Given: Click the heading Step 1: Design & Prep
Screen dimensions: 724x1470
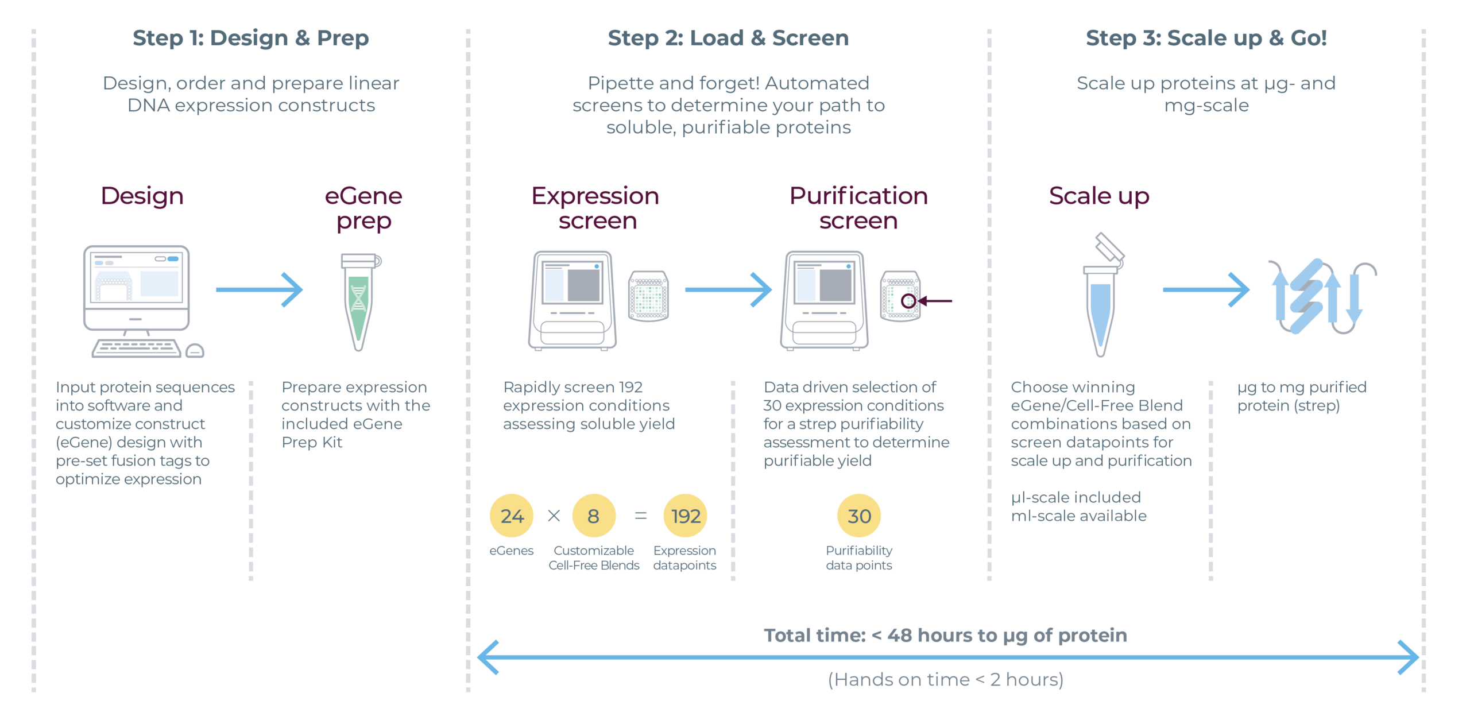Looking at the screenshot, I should coord(250,38).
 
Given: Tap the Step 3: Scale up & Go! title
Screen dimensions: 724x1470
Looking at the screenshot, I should coord(1206,38).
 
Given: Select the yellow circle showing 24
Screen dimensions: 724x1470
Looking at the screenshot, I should coord(511,516).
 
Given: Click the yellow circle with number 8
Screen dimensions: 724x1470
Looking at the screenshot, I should coord(593,516).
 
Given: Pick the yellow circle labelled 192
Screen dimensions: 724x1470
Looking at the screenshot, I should coord(685,516).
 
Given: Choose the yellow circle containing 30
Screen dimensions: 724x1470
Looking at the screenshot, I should coord(858,516).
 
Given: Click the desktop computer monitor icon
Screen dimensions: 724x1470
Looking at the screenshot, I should coord(136,287).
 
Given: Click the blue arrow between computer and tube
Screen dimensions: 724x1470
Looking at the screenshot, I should coord(259,289).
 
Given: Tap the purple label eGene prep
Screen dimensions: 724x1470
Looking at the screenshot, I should coord(363,208).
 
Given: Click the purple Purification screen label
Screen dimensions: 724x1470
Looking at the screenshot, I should coord(858,208).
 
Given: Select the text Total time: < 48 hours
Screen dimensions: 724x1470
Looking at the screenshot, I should coord(945,635).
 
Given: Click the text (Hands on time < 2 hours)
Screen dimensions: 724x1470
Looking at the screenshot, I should coord(945,679).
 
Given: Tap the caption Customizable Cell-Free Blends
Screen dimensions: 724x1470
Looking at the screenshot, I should coord(594,557).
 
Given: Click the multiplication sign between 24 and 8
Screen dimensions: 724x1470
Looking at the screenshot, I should coord(554,516).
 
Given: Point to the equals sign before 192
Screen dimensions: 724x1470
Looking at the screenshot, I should coord(640,516).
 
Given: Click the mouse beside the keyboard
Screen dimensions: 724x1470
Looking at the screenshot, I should coord(195,350).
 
